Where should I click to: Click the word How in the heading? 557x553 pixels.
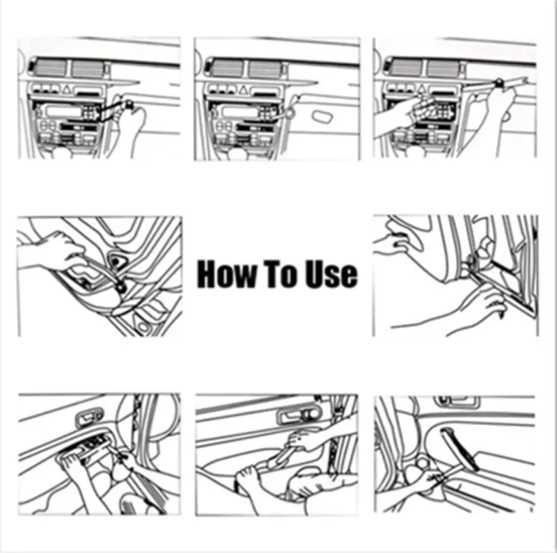point(226,273)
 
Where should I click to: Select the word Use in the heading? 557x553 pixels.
point(331,273)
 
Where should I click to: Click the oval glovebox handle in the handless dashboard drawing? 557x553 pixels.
point(323,116)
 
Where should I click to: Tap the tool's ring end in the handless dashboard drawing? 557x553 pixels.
point(289,113)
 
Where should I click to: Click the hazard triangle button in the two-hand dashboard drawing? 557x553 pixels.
point(421,88)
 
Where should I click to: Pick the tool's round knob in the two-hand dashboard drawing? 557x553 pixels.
point(499,82)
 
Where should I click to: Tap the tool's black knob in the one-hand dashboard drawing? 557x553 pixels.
point(129,104)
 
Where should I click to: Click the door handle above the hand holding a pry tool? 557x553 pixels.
point(299,414)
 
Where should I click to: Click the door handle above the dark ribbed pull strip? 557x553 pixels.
point(457,401)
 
